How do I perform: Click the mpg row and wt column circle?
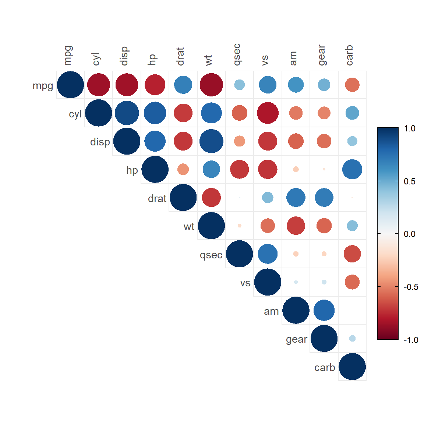click(x=212, y=85)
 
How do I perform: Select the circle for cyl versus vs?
click(x=268, y=113)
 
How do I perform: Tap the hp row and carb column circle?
click(x=352, y=170)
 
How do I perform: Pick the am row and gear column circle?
click(x=324, y=310)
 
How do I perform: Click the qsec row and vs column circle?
click(x=268, y=254)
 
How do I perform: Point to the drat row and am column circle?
click(x=296, y=198)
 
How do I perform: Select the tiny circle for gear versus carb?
click(x=352, y=338)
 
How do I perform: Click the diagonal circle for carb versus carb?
click(x=352, y=367)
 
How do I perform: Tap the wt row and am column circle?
click(x=296, y=226)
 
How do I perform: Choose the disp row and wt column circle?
click(x=212, y=141)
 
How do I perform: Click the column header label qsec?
click(x=237, y=54)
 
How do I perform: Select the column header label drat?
click(x=180, y=57)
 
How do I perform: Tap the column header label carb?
click(x=349, y=56)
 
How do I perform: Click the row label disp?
click(x=100, y=142)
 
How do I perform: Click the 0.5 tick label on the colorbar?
click(x=409, y=181)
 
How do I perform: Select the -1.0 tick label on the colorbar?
click(x=411, y=340)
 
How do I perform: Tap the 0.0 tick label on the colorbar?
click(x=409, y=234)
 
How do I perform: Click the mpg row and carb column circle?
click(x=352, y=85)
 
